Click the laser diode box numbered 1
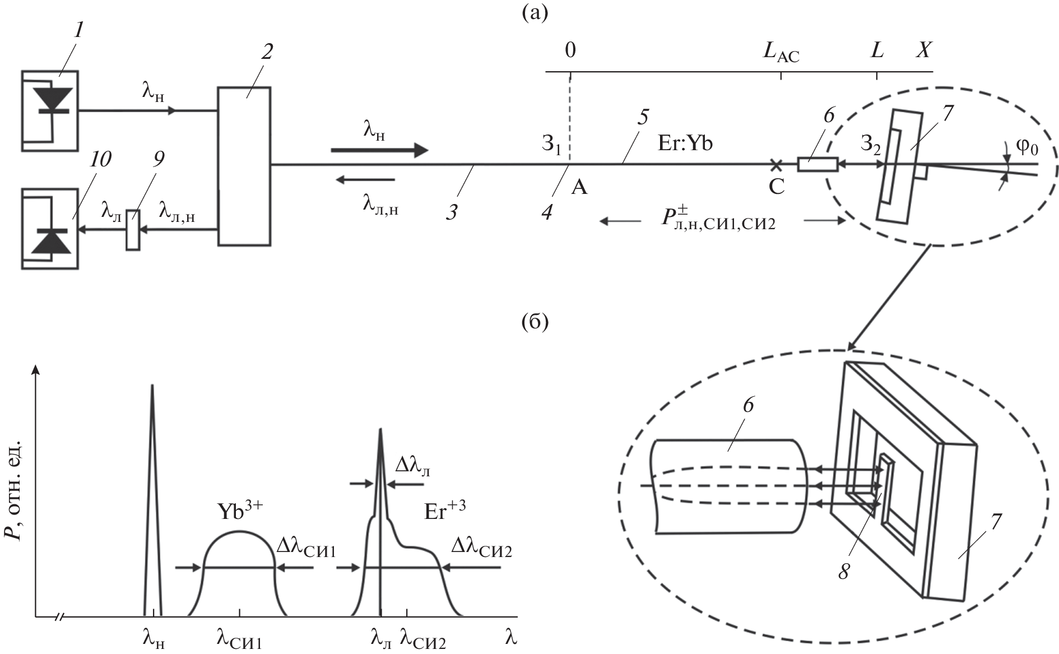50,110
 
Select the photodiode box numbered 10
50,229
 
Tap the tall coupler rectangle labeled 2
244,166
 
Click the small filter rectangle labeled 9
133,230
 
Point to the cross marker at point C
776,165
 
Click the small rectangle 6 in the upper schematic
818,164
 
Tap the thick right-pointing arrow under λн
379,150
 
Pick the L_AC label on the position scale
781,52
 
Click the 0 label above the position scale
570,50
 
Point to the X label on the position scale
923,50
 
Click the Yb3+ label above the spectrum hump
240,511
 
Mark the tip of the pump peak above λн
152,386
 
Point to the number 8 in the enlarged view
844,571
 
